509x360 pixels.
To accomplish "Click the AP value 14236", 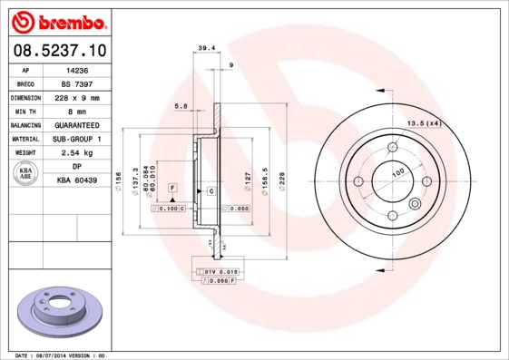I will [77, 69].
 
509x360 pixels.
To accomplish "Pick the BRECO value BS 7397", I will [77, 83].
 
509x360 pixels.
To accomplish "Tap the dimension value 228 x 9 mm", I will [77, 97].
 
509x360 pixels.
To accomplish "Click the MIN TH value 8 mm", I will [77, 111].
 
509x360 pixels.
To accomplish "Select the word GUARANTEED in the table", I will [77, 125].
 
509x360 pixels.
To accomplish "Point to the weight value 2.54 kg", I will [77, 153].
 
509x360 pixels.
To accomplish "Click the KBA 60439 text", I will [77, 181].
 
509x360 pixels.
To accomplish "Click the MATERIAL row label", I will [24, 139].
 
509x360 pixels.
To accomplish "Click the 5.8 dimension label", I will [181, 106].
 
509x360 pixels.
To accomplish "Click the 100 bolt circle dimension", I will [397, 171].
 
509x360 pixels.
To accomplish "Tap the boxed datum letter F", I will [170, 187].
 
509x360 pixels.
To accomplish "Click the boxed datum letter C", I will [210, 191].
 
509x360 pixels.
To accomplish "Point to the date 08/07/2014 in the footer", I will [61, 355].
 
